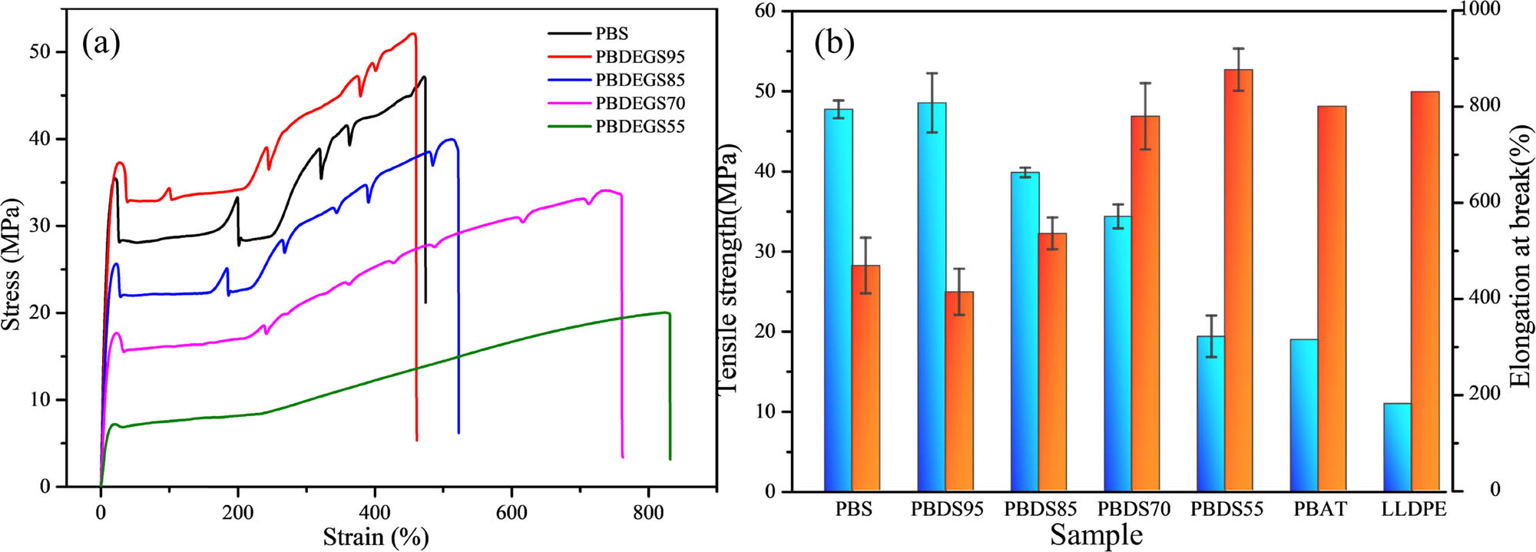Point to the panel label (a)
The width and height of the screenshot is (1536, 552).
coord(101,44)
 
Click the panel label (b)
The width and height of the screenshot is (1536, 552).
coord(834,44)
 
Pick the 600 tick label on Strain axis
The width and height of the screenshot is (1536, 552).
coord(511,513)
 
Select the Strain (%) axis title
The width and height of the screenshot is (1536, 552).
coord(376,537)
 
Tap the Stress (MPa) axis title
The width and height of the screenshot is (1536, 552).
coord(12,265)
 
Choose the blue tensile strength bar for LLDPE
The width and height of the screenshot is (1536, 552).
coord(1397,447)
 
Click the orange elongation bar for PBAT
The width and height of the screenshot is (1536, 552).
coord(1332,299)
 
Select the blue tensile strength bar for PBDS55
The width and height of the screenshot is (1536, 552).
coord(1210,414)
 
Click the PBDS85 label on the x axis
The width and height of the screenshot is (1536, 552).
coord(1040,509)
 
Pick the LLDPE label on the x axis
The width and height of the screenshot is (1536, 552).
coord(1413,509)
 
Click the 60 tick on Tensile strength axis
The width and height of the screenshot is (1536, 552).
coord(765,12)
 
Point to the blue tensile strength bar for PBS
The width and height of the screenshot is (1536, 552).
coord(838,300)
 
